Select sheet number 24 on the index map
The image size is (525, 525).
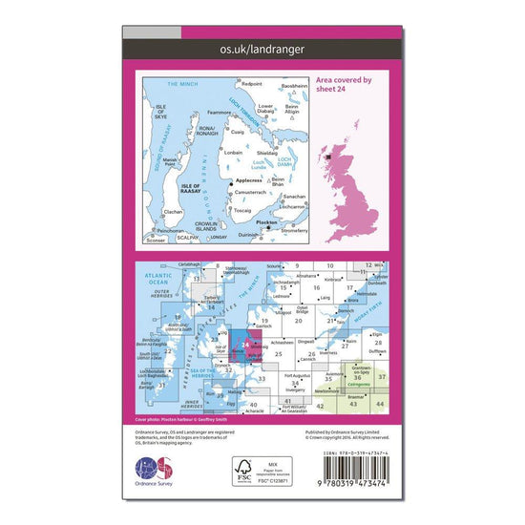tap(246, 346)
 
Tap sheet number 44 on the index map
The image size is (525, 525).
tap(380, 405)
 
